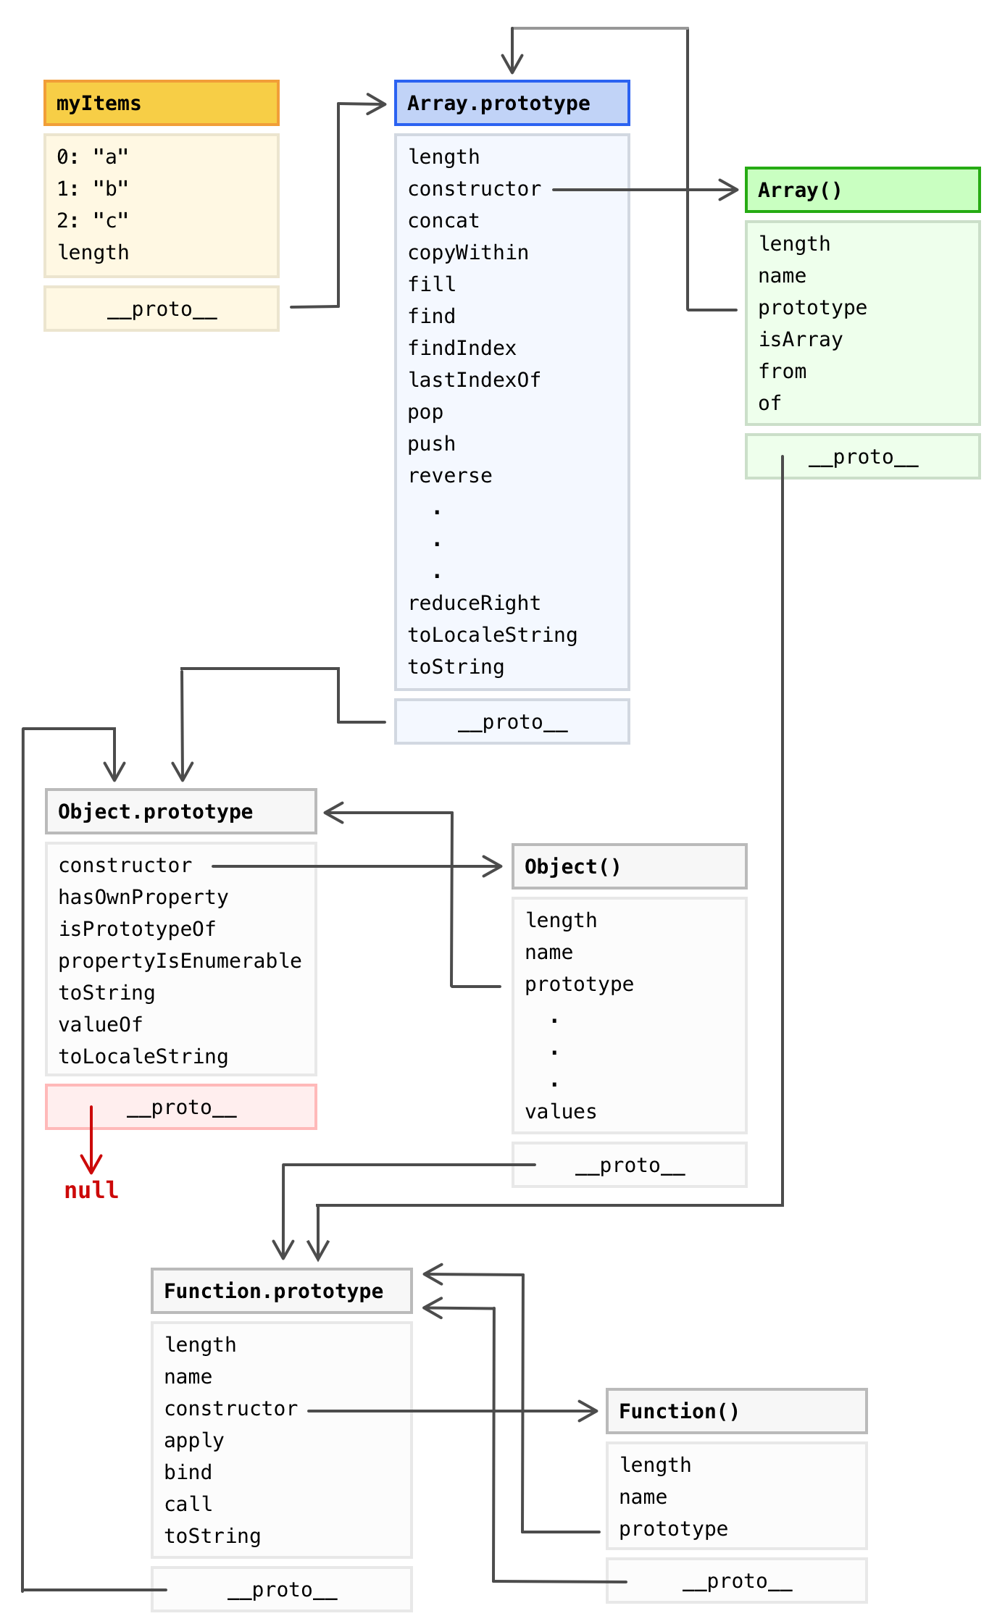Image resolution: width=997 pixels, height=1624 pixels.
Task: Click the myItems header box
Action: [161, 103]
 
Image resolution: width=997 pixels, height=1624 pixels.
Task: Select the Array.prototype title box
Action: [512, 103]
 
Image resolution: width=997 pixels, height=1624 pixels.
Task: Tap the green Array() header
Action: [862, 190]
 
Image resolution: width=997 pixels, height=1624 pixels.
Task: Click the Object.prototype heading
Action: [180, 811]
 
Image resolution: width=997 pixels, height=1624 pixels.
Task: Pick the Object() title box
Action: [629, 866]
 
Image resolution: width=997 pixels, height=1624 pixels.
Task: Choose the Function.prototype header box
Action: [281, 1291]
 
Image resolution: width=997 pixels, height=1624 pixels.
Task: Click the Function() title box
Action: [736, 1411]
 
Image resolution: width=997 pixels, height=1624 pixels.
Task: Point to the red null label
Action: [91, 1190]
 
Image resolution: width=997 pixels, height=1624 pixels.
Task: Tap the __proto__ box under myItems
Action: [161, 309]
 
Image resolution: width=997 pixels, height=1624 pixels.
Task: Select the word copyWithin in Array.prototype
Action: [468, 252]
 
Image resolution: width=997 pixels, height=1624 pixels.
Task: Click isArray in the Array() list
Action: [801, 339]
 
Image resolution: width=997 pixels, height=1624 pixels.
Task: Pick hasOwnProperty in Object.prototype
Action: [143, 897]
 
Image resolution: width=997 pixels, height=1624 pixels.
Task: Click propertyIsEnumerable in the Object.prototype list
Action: [180, 960]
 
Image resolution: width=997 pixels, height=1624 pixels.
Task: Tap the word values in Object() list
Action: [561, 1111]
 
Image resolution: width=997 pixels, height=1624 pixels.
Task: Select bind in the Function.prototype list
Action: [188, 1472]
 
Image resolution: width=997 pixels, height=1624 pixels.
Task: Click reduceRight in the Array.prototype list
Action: [475, 603]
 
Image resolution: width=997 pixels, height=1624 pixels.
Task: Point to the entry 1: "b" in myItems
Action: [93, 188]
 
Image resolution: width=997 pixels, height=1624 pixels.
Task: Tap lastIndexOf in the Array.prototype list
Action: [475, 380]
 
